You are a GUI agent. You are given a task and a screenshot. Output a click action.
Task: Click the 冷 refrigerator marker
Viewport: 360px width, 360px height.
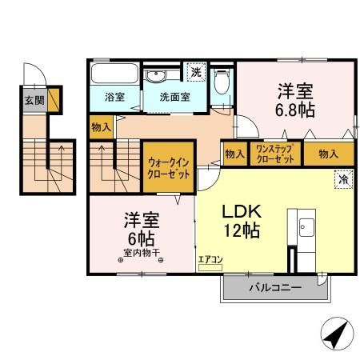pyautogui.click(x=342, y=181)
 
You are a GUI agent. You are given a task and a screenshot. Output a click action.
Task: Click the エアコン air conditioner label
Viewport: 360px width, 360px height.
pyautogui.click(x=209, y=259)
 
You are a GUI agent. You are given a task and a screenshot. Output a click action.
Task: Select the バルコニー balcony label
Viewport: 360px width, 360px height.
pyautogui.click(x=273, y=286)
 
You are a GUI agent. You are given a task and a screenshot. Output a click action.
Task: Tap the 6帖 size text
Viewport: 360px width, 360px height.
pyautogui.click(x=139, y=238)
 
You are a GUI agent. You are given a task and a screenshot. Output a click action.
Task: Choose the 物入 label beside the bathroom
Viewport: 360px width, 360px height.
pyautogui.click(x=102, y=127)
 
